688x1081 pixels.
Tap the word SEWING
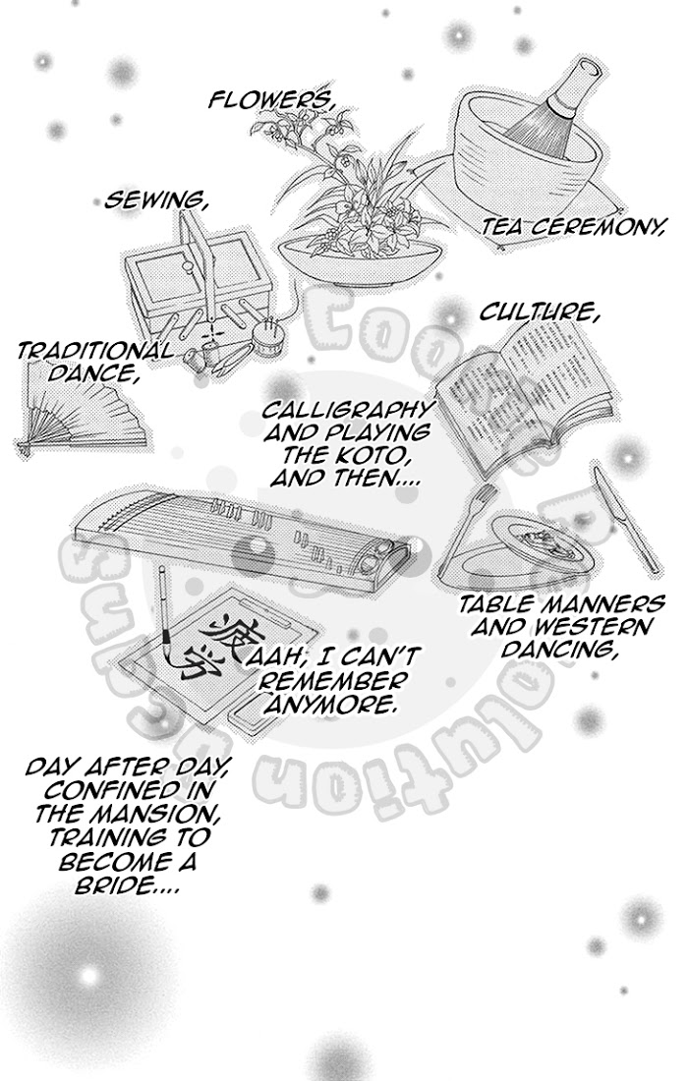156,200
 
